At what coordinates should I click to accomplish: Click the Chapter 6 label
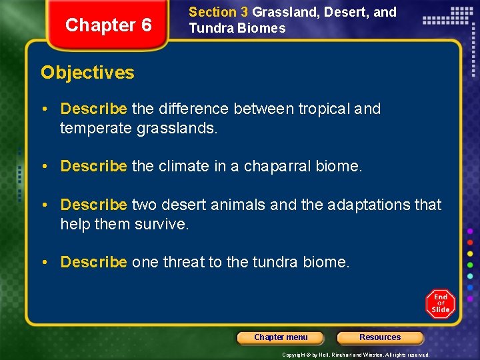click(x=109, y=25)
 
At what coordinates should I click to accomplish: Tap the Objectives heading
click(x=87, y=73)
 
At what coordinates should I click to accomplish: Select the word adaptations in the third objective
click(x=355, y=205)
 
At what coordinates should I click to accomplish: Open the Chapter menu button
click(x=281, y=337)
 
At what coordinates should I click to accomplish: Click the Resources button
click(x=380, y=337)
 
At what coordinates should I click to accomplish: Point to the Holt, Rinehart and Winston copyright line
click(x=355, y=355)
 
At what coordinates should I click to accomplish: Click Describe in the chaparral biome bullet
click(x=93, y=166)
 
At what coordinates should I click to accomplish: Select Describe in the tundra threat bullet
click(x=93, y=262)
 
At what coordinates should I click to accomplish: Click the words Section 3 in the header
click(x=219, y=12)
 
